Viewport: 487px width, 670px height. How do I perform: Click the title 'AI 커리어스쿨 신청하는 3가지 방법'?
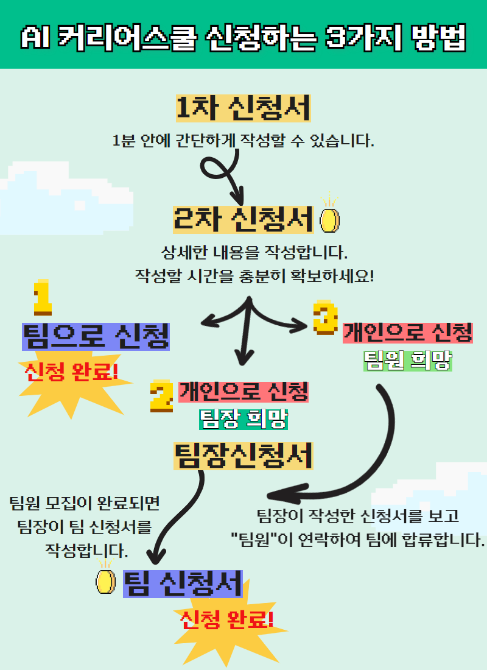pyautogui.click(x=243, y=38)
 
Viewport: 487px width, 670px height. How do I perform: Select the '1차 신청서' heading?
pyautogui.click(x=243, y=108)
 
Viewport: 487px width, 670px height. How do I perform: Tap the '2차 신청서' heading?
pyautogui.click(x=243, y=220)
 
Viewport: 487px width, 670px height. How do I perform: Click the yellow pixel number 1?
pyautogui.click(x=43, y=297)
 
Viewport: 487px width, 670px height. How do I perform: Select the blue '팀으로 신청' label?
pyautogui.click(x=96, y=337)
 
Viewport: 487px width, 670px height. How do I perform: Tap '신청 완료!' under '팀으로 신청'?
pyautogui.click(x=71, y=371)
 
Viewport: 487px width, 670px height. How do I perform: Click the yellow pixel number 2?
pyautogui.click(x=161, y=396)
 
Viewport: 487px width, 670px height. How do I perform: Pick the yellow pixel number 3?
pyautogui.click(x=326, y=317)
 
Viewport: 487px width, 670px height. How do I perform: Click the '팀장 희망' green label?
pyautogui.click(x=243, y=419)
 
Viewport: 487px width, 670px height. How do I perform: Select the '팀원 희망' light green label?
pyautogui.click(x=407, y=361)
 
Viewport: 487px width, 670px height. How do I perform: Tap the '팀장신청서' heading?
pyautogui.click(x=243, y=456)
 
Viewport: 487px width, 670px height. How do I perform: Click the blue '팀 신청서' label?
pyautogui.click(x=183, y=584)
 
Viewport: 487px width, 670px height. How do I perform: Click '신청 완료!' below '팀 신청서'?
pyautogui.click(x=227, y=619)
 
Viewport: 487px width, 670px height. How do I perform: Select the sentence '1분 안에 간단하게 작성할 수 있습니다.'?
pyautogui.click(x=243, y=140)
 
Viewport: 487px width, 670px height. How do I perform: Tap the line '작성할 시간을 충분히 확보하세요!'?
pyautogui.click(x=254, y=275)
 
